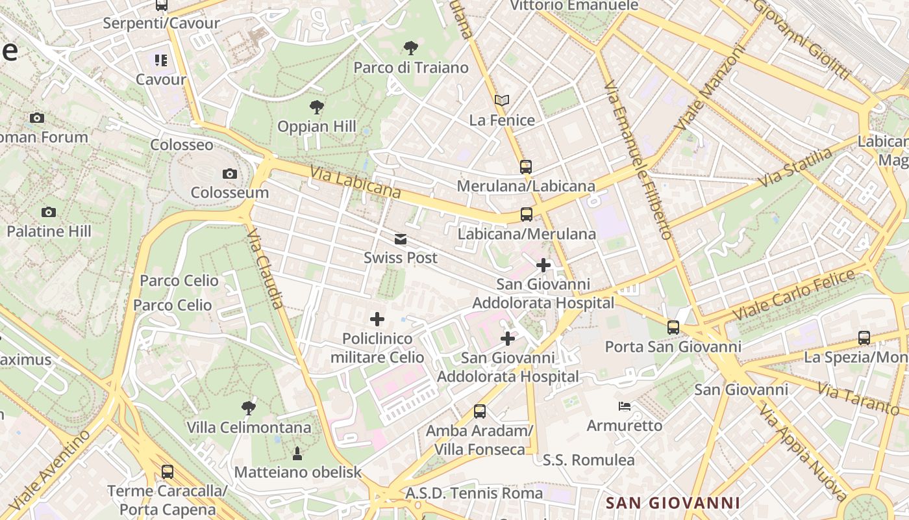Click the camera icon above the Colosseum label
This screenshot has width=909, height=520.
pyautogui.click(x=229, y=174)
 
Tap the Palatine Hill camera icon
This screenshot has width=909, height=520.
pyautogui.click(x=48, y=212)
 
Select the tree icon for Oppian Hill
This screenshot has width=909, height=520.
pyautogui.click(x=316, y=107)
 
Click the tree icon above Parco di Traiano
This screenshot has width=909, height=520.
pyautogui.click(x=410, y=47)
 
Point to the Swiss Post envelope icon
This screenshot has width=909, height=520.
pyautogui.click(x=401, y=239)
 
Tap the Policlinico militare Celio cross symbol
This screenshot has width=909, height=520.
pyautogui.click(x=377, y=319)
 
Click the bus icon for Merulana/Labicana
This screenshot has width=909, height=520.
pyautogui.click(x=526, y=167)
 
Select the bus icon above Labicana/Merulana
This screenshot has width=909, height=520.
pyautogui.click(x=526, y=214)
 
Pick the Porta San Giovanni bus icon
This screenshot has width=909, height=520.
pyautogui.click(x=673, y=328)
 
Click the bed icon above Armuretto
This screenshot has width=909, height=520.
pyautogui.click(x=624, y=406)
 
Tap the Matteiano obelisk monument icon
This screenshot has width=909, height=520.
pyautogui.click(x=297, y=453)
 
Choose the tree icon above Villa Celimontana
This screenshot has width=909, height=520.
pyautogui.click(x=248, y=408)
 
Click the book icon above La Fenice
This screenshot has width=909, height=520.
pyautogui.click(x=501, y=101)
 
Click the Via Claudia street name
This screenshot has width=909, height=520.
pyautogui.click(x=266, y=268)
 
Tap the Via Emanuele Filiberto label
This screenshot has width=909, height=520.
pyautogui.click(x=637, y=160)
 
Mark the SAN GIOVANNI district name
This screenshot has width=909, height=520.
pyautogui.click(x=673, y=502)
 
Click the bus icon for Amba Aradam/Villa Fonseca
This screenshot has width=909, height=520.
pyautogui.click(x=480, y=411)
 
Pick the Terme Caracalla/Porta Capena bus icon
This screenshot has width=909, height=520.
pyautogui.click(x=167, y=472)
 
